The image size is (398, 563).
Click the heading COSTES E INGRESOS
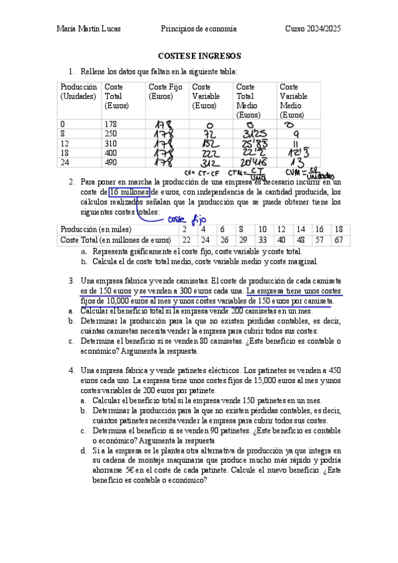tap(199, 56)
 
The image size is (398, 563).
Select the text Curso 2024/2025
tap(312, 29)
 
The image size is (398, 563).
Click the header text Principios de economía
tap(199, 29)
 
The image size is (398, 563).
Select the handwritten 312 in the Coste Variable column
tap(209, 162)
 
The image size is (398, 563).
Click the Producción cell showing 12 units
tap(64, 143)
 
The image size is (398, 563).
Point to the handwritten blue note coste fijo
tap(187, 218)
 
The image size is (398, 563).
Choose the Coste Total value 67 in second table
tap(338, 240)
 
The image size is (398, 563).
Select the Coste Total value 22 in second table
tap(186, 240)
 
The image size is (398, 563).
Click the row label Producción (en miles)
tap(92, 229)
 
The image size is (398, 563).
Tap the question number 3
tap(72, 281)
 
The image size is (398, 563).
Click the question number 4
tap(72, 370)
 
